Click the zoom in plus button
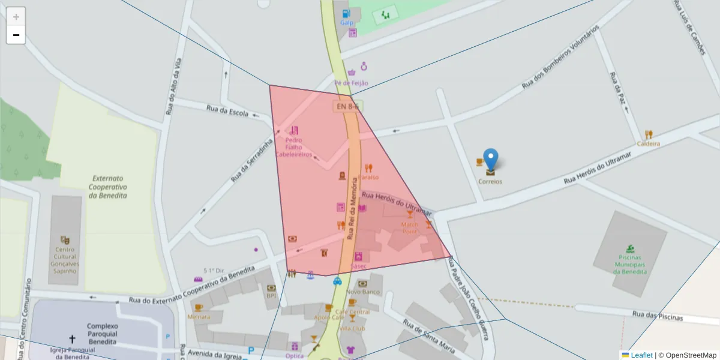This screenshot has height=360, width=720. [x=16, y=17]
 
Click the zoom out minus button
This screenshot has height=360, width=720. [x=16, y=35]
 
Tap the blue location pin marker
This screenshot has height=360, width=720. [x=491, y=160]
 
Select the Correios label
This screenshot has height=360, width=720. [x=490, y=181]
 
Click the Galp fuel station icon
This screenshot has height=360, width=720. [x=346, y=13]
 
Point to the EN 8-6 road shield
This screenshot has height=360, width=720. [x=347, y=106]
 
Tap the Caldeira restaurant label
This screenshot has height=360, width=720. [x=649, y=144]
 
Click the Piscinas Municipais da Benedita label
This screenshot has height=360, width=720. [x=630, y=264]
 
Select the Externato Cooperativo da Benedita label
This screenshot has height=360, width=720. [x=108, y=187]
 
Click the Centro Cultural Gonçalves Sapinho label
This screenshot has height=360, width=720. [x=65, y=260]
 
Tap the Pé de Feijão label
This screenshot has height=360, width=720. [x=352, y=83]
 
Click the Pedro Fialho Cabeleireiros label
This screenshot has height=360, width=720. [x=294, y=147]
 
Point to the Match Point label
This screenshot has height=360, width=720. [x=410, y=228]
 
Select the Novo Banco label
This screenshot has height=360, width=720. [x=362, y=292]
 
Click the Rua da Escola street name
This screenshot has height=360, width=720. [x=227, y=111]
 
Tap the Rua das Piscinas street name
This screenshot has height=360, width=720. [x=658, y=316]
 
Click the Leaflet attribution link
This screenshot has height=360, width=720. [x=641, y=355]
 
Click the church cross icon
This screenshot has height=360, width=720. [x=73, y=339]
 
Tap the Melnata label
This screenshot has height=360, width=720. [x=199, y=316]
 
